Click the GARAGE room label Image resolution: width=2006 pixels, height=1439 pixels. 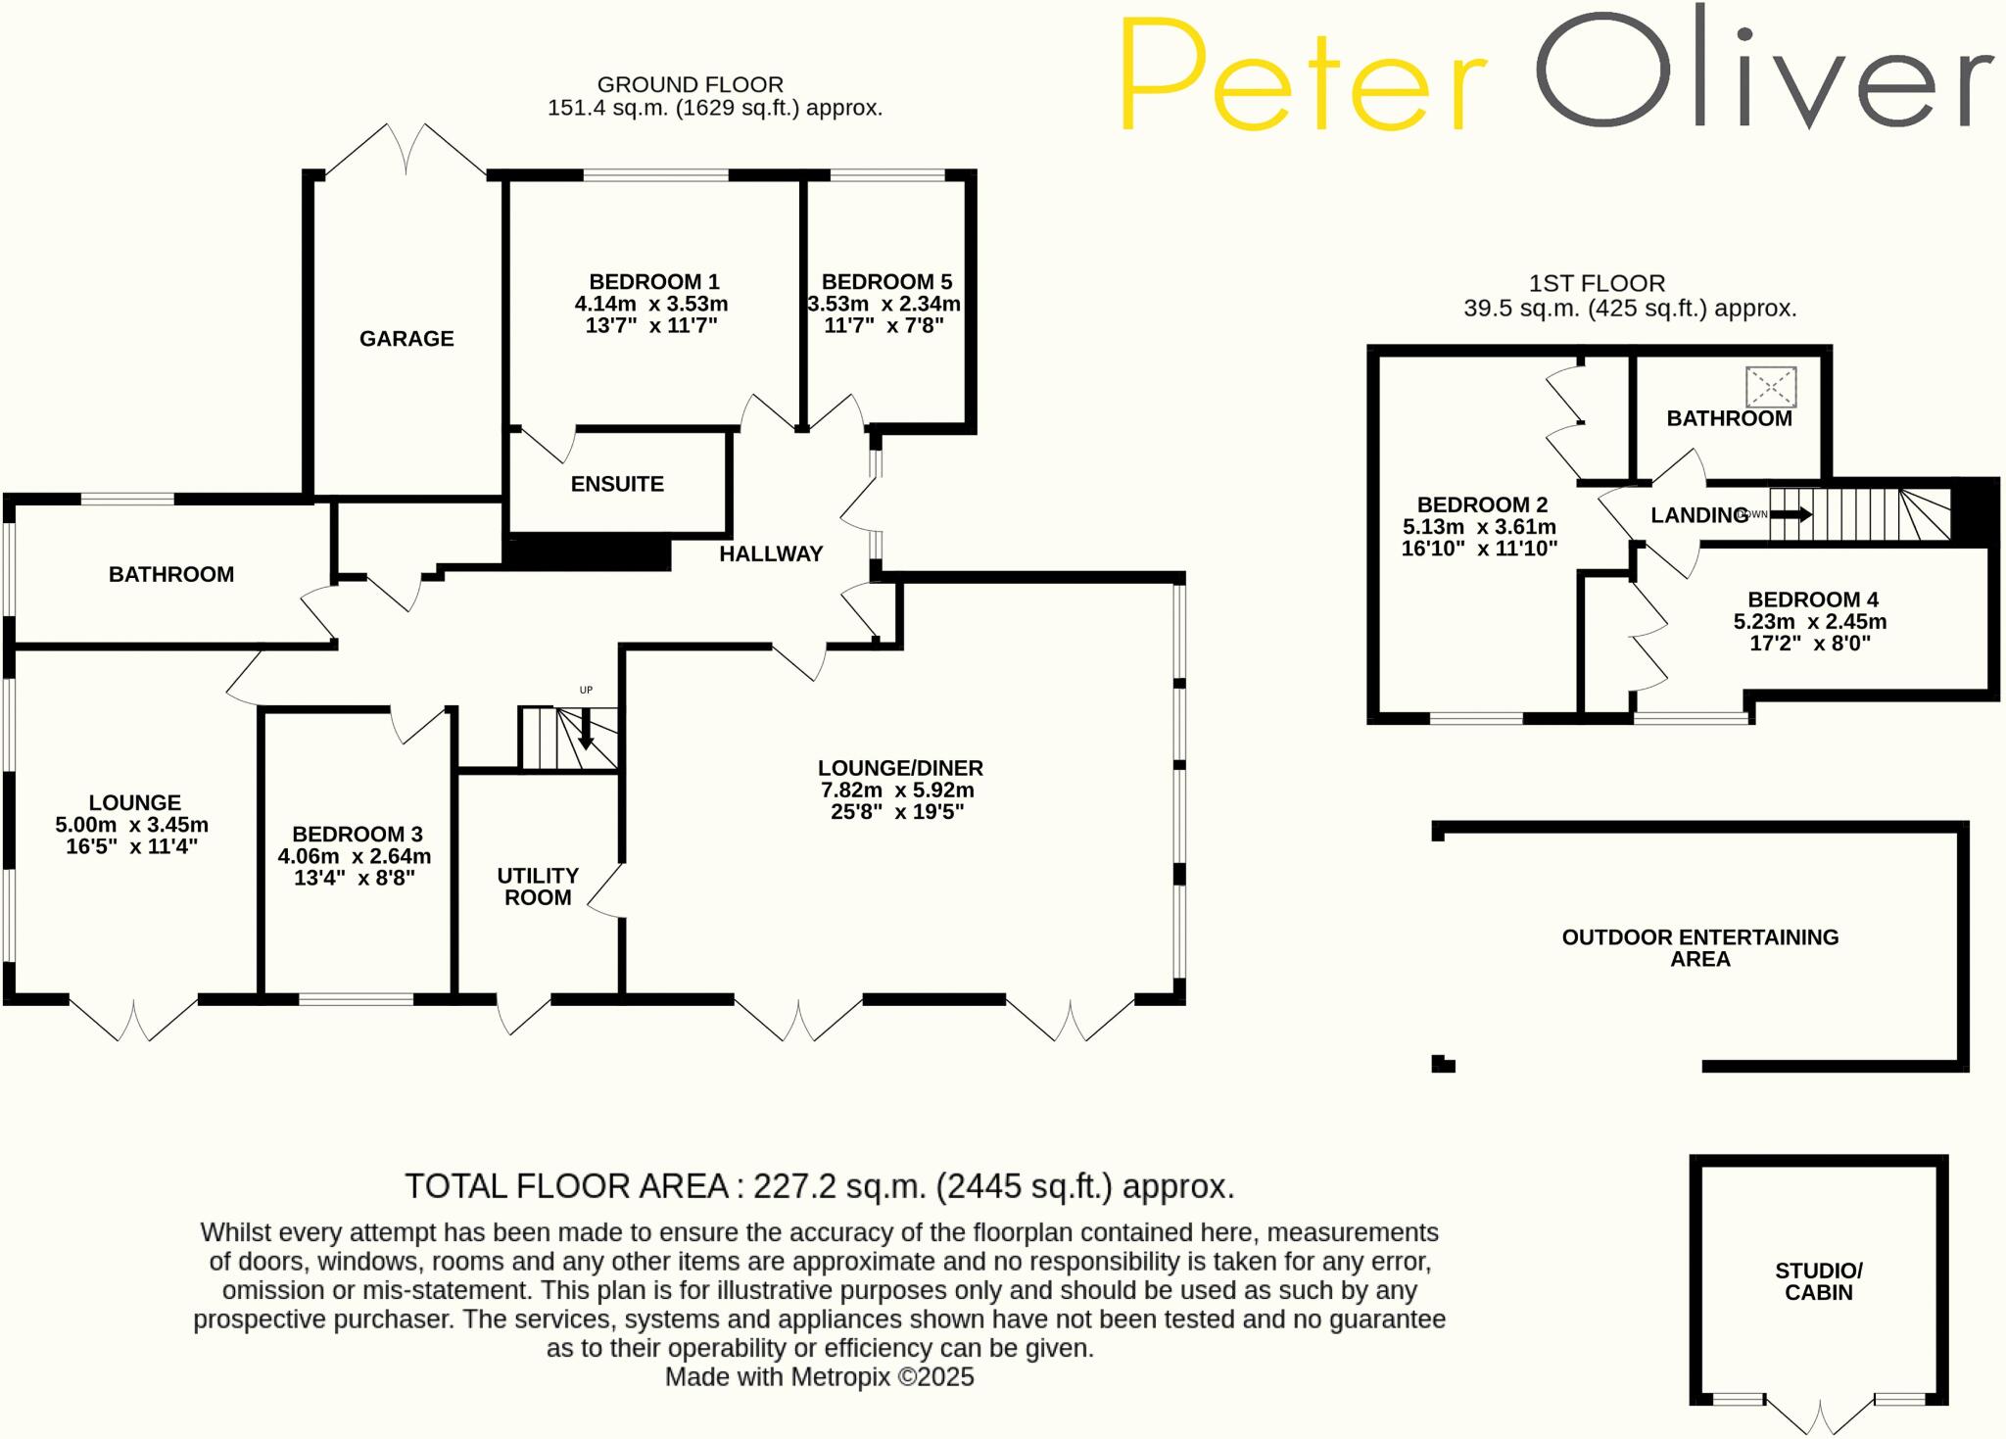[406, 339]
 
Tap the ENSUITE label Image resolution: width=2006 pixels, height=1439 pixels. [617, 484]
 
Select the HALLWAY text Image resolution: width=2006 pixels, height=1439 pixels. [771, 554]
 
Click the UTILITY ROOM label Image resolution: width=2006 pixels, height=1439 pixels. [538, 887]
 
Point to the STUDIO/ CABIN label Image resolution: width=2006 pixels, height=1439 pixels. [1819, 1281]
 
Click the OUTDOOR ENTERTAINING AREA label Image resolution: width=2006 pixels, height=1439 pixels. [1699, 947]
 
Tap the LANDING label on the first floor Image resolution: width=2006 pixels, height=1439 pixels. [1698, 515]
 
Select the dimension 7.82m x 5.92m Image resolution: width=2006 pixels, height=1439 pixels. [896, 791]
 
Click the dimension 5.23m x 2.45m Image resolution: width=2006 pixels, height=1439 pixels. [1810, 622]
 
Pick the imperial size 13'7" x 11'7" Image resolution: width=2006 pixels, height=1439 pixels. [651, 326]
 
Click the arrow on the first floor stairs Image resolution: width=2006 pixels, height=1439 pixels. [1791, 514]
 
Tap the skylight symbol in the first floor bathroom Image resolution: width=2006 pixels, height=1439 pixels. [1771, 387]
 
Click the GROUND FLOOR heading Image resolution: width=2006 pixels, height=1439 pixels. [690, 85]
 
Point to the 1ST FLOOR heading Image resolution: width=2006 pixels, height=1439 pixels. [1597, 284]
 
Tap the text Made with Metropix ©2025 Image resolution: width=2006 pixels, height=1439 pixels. [819, 1377]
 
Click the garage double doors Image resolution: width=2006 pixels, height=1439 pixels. [406, 152]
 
